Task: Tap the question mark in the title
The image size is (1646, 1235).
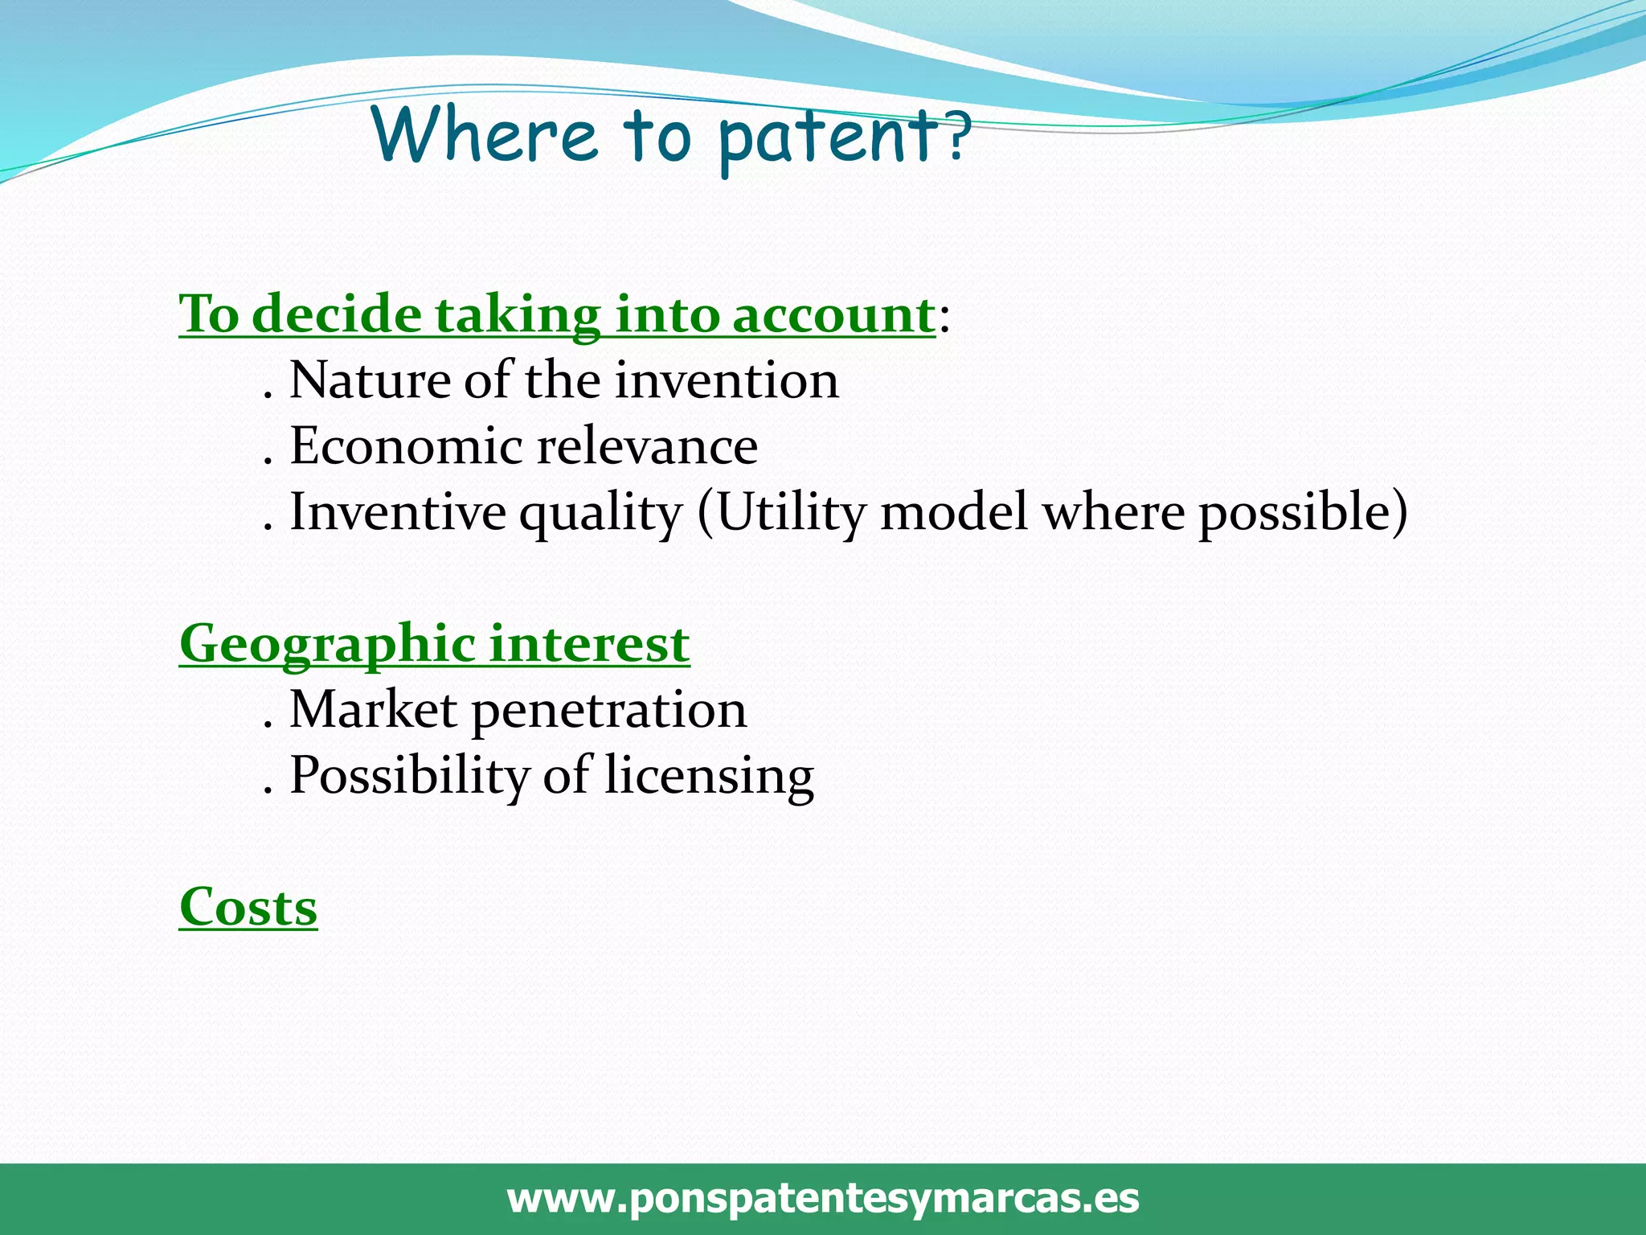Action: [x=956, y=137]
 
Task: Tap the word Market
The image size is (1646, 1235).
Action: [x=373, y=710]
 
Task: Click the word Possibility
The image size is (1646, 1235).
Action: [x=409, y=777]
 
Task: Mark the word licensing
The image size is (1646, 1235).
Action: [x=709, y=777]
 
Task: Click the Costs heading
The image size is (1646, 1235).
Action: [x=248, y=908]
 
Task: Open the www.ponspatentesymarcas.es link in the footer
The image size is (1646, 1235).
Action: [x=823, y=1198]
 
